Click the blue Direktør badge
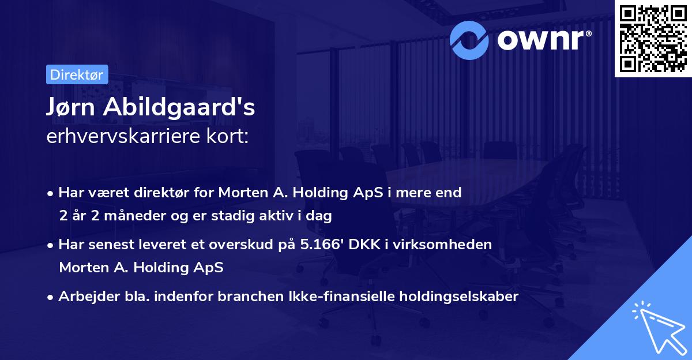point(77,74)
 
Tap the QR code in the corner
point(653,38)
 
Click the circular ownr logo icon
point(469,40)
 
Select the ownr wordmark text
point(544,40)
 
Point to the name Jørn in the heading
point(70,107)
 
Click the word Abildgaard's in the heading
point(179,107)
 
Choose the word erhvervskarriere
point(123,136)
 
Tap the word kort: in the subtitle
point(227,136)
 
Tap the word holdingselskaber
point(459,297)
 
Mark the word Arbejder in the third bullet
point(89,297)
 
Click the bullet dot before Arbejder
point(50,298)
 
